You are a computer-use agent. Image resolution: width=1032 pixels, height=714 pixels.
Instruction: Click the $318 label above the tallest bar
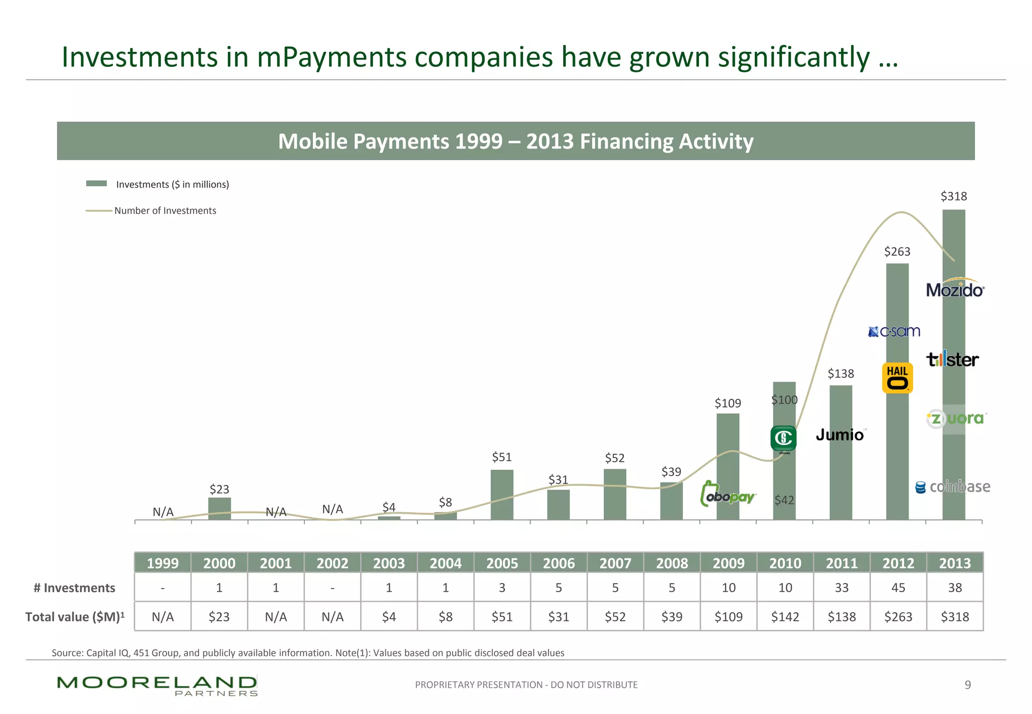(953, 196)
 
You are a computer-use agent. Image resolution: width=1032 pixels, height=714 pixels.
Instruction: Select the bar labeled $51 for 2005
(502, 494)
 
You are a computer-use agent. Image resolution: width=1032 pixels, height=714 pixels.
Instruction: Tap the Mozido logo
(955, 289)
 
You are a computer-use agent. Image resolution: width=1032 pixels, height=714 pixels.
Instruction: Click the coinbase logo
(952, 487)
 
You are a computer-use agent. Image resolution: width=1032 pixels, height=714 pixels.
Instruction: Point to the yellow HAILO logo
(897, 378)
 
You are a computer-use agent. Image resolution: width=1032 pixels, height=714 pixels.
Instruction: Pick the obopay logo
(728, 494)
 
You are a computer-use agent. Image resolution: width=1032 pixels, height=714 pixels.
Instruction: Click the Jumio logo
(840, 435)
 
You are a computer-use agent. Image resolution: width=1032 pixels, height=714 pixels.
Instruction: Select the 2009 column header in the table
(728, 563)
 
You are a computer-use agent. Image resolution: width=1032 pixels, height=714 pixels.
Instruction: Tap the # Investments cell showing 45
(898, 588)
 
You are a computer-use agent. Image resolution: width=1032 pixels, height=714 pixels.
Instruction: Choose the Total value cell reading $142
(785, 617)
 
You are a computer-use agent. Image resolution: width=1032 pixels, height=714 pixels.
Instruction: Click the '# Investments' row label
(74, 588)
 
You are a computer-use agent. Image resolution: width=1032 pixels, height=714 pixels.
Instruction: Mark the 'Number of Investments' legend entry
(165, 210)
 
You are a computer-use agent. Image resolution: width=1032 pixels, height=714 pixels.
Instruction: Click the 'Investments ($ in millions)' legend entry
(172, 184)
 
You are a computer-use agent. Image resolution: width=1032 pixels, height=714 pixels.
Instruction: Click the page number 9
(967, 685)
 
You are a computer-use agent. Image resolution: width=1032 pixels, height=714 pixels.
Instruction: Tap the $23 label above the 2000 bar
(219, 489)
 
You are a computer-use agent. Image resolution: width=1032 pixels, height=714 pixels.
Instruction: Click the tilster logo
(952, 360)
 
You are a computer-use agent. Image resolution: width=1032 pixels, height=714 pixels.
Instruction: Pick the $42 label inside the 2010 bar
(784, 500)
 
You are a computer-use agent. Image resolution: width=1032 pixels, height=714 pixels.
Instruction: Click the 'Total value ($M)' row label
(75, 617)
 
